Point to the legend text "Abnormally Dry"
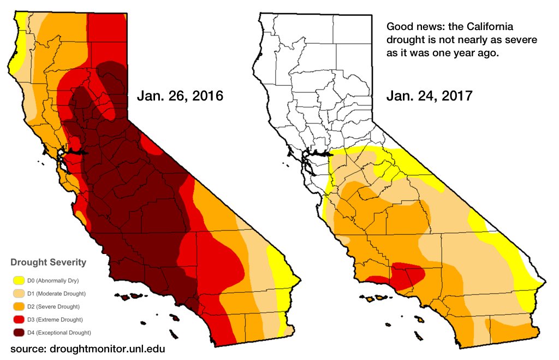(x=60, y=280)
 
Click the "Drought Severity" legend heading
(x=48, y=262)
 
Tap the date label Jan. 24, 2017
(x=430, y=97)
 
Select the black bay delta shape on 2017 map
(x=324, y=154)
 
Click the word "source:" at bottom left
(x=27, y=348)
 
